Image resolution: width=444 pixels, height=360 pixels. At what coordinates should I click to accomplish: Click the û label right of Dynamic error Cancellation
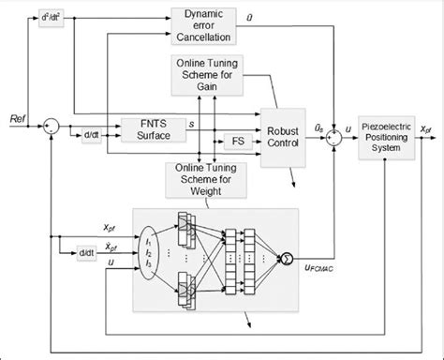pyautogui.click(x=274, y=16)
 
